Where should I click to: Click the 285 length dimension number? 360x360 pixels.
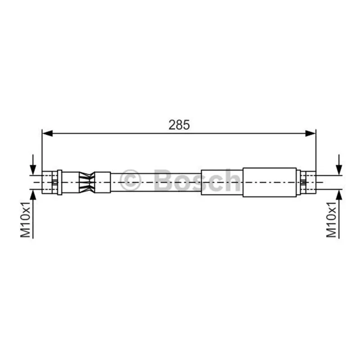(179, 125)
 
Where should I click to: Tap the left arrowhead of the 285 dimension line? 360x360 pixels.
(47, 133)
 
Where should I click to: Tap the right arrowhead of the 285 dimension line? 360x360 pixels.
(310, 133)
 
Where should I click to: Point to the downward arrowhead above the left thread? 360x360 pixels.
(33, 170)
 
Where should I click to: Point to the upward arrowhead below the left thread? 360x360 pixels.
(33, 195)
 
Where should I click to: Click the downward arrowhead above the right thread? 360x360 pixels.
(339, 170)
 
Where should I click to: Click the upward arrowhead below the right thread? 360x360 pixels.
(339, 195)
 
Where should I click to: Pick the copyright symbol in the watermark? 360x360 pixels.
(130, 180)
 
